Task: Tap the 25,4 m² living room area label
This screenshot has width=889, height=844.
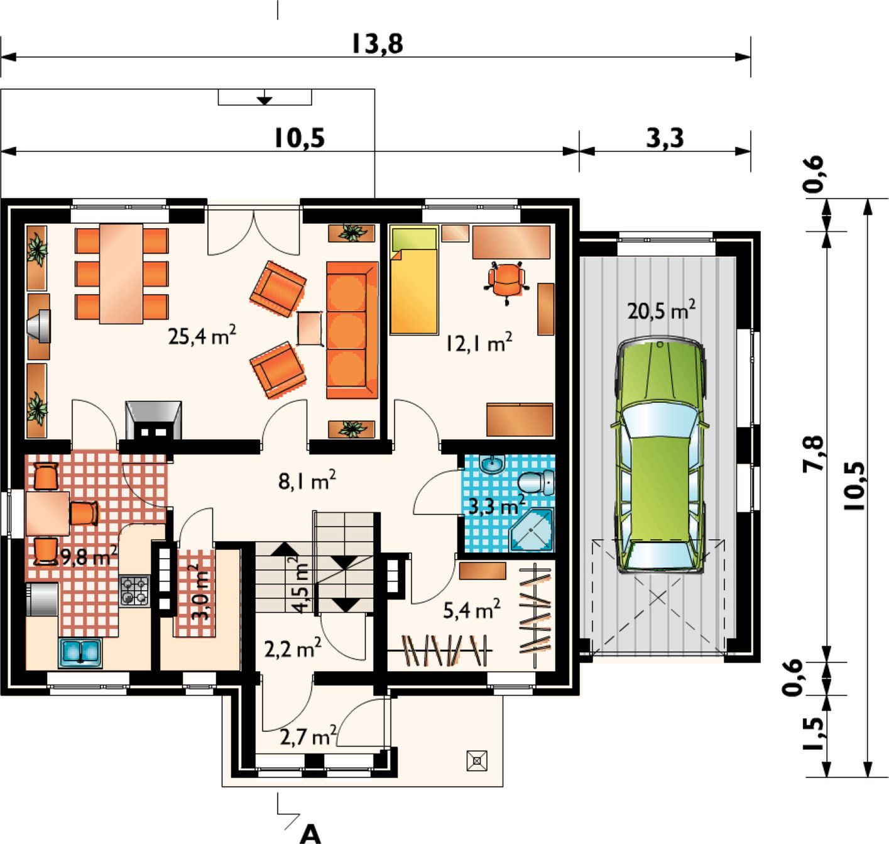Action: click(202, 335)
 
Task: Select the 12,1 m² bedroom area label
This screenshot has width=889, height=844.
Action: click(479, 343)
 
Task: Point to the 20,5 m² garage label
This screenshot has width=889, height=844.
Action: click(661, 310)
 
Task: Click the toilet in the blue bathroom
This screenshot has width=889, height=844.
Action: click(536, 482)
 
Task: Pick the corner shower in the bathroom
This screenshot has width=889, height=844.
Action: click(532, 530)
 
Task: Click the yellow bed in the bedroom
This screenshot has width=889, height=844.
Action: click(414, 280)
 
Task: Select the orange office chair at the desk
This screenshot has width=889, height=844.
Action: click(506, 282)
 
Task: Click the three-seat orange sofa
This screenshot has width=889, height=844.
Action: click(352, 330)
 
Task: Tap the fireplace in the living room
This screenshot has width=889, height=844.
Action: click(153, 420)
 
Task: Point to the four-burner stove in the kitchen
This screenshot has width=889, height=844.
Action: click(134, 590)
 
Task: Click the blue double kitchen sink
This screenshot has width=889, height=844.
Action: click(80, 653)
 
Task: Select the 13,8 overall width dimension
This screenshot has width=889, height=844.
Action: click(377, 45)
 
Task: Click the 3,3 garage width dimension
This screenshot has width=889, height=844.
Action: click(664, 138)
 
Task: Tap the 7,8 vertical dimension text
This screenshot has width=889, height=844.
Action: click(814, 454)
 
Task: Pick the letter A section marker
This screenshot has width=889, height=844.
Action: click(310, 834)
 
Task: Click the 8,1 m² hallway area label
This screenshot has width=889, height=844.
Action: click(307, 480)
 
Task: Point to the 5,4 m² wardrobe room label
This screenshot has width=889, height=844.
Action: click(472, 609)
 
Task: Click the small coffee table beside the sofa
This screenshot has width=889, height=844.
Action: click(310, 329)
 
